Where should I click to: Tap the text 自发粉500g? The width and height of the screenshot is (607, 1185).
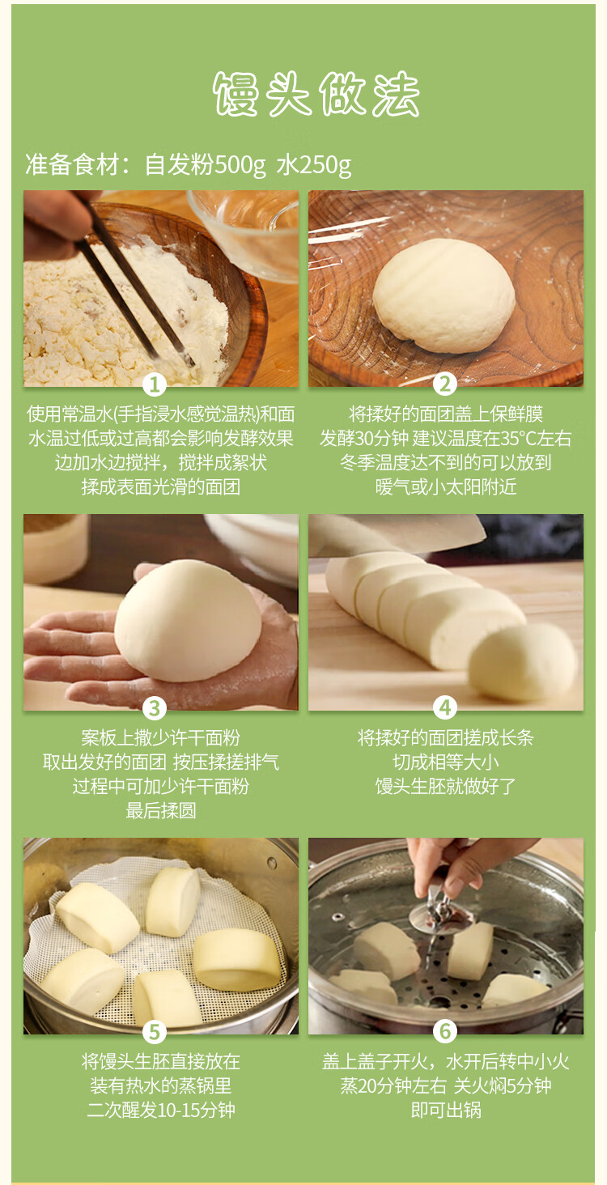pyautogui.click(x=205, y=165)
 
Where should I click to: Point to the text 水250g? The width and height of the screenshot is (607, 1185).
pyautogui.click(x=314, y=165)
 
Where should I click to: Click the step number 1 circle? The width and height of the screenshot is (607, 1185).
pyautogui.click(x=155, y=384)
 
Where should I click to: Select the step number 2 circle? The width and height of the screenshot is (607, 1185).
pyautogui.click(x=444, y=384)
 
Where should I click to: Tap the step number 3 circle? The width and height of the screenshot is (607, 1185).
pyautogui.click(x=155, y=708)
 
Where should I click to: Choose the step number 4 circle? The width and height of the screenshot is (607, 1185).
pyautogui.click(x=444, y=708)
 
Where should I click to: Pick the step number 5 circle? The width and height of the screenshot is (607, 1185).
pyautogui.click(x=155, y=1032)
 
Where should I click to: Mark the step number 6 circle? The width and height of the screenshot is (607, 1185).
pyautogui.click(x=444, y=1032)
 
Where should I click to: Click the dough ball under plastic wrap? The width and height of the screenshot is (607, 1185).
pyautogui.click(x=444, y=295)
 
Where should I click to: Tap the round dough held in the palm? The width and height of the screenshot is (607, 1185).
pyautogui.click(x=188, y=621)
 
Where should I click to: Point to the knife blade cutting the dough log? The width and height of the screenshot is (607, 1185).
pyautogui.click(x=397, y=535)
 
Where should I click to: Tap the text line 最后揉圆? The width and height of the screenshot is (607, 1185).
pyautogui.click(x=161, y=810)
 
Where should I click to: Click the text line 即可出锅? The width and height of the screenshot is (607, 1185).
pyautogui.click(x=446, y=1110)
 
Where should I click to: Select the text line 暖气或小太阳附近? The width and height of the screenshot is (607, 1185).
pyautogui.click(x=446, y=486)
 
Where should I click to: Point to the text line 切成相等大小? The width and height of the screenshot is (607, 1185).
pyautogui.click(x=446, y=762)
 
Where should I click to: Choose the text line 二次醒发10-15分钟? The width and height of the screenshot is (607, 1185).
pyautogui.click(x=161, y=1110)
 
